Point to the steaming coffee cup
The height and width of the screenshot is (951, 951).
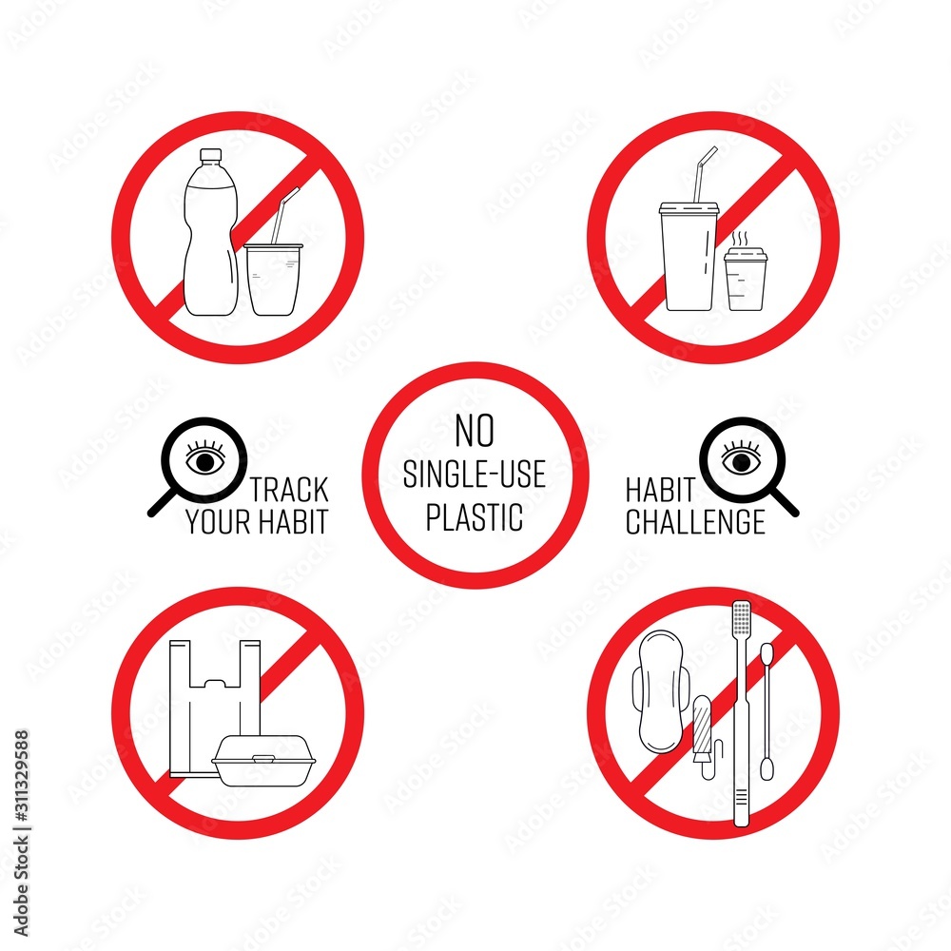[x=746, y=280]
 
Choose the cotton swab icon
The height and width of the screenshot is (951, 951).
[x=767, y=708]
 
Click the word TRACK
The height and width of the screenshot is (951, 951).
[x=290, y=491]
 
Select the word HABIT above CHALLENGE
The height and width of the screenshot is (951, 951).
[x=656, y=491]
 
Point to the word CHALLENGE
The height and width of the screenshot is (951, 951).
[x=695, y=522]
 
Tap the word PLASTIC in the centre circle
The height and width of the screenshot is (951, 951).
[x=475, y=516]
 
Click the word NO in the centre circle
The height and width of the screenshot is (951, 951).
[x=475, y=432]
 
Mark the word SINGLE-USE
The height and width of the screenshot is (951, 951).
[x=475, y=475]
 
